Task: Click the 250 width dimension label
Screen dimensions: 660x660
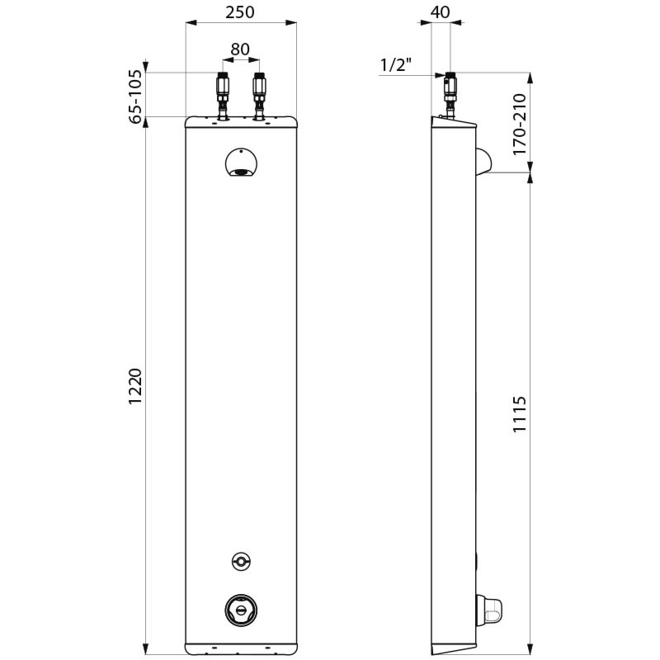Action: [x=240, y=12]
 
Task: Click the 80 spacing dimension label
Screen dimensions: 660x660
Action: [x=240, y=49]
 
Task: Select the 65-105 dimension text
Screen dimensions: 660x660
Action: [x=135, y=97]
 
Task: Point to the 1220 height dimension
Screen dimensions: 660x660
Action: [x=135, y=386]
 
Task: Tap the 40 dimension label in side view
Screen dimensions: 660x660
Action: [x=441, y=12]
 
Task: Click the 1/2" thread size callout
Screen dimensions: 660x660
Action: [x=396, y=64]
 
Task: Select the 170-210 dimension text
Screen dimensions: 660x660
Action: [x=519, y=125]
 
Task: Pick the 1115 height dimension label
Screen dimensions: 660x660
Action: [x=519, y=421]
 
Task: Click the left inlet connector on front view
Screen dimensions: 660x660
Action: [x=221, y=92]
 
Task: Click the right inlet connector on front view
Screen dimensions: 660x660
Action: [x=259, y=92]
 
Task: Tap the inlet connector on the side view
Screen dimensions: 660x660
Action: [x=450, y=92]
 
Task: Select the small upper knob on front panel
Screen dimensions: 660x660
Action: [x=240, y=561]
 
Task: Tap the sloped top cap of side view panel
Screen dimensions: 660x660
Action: [x=455, y=123]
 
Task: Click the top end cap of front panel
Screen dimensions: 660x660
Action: [x=240, y=122]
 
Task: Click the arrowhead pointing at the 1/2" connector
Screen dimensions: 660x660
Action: [x=441, y=76]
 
